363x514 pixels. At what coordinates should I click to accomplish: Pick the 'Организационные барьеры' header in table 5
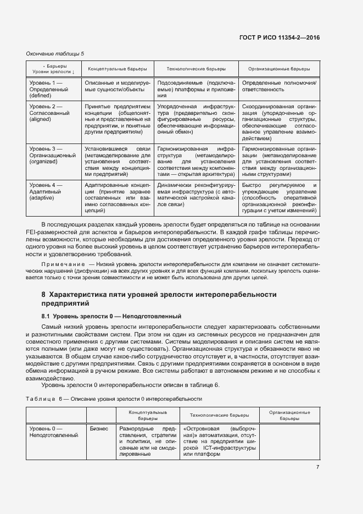279,69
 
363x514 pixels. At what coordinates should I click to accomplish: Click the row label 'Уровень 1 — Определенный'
46,85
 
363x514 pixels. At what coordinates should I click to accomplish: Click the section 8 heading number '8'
43,295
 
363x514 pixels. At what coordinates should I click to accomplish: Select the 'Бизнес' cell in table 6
99,428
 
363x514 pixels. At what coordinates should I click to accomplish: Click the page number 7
317,467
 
